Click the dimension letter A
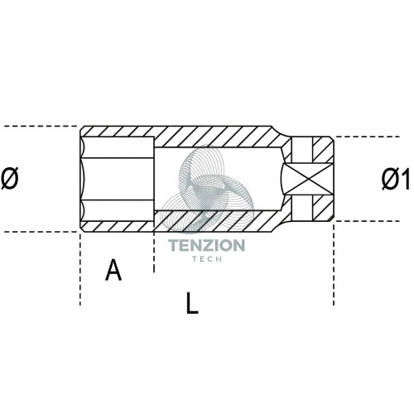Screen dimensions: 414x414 pyautogui.click(x=113, y=270)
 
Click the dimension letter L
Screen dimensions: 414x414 pyautogui.click(x=192, y=303)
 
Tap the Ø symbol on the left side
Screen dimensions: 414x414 pyautogui.click(x=10, y=178)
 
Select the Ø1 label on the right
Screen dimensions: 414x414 pyautogui.click(x=396, y=179)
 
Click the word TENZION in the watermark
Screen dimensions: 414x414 pyautogui.click(x=207, y=245)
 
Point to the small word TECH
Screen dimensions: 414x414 pyautogui.click(x=207, y=259)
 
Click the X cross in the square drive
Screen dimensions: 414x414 pyautogui.click(x=309, y=179)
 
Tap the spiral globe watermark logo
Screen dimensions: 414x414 pyautogui.click(x=208, y=188)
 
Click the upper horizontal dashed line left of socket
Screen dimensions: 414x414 pyautogui.click(x=41, y=126)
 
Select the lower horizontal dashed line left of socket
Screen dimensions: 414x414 pyautogui.click(x=41, y=232)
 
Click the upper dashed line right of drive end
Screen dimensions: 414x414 pyautogui.click(x=368, y=137)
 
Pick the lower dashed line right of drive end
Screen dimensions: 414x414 pyautogui.click(x=368, y=221)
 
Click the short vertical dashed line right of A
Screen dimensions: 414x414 pyautogui.click(x=154, y=253)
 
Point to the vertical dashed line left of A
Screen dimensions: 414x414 pyautogui.click(x=80, y=269)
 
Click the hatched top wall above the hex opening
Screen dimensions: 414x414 pyautogui.click(x=118, y=132)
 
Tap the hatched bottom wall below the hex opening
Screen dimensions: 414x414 pyautogui.click(x=118, y=226)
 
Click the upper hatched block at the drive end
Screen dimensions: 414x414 pyautogui.click(x=322, y=150)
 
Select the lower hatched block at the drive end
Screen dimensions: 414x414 pyautogui.click(x=322, y=208)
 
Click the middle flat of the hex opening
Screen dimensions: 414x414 pyautogui.click(x=118, y=179)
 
